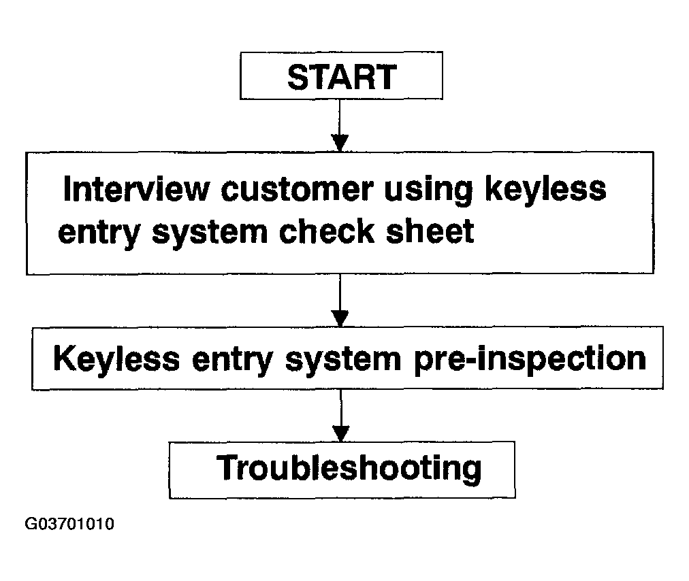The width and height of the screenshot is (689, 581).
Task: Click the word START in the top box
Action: pyautogui.click(x=342, y=78)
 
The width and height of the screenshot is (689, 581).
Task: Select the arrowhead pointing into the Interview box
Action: pyautogui.click(x=340, y=143)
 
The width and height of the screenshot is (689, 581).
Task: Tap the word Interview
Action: pyautogui.click(x=136, y=189)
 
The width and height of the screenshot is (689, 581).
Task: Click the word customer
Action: pyautogui.click(x=297, y=189)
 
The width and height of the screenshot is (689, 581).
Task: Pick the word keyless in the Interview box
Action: pyautogui.click(x=546, y=189)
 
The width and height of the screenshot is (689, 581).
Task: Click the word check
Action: pyautogui.click(x=327, y=231)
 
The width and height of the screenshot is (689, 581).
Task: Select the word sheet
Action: pyautogui.click(x=430, y=231)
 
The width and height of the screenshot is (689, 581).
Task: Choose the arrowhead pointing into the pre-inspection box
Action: pyautogui.click(x=340, y=318)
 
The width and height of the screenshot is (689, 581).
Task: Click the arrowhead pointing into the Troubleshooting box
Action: pyautogui.click(x=341, y=433)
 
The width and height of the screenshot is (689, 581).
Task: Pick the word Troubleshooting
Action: pyautogui.click(x=349, y=469)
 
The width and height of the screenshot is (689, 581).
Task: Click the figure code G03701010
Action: pyautogui.click(x=69, y=524)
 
